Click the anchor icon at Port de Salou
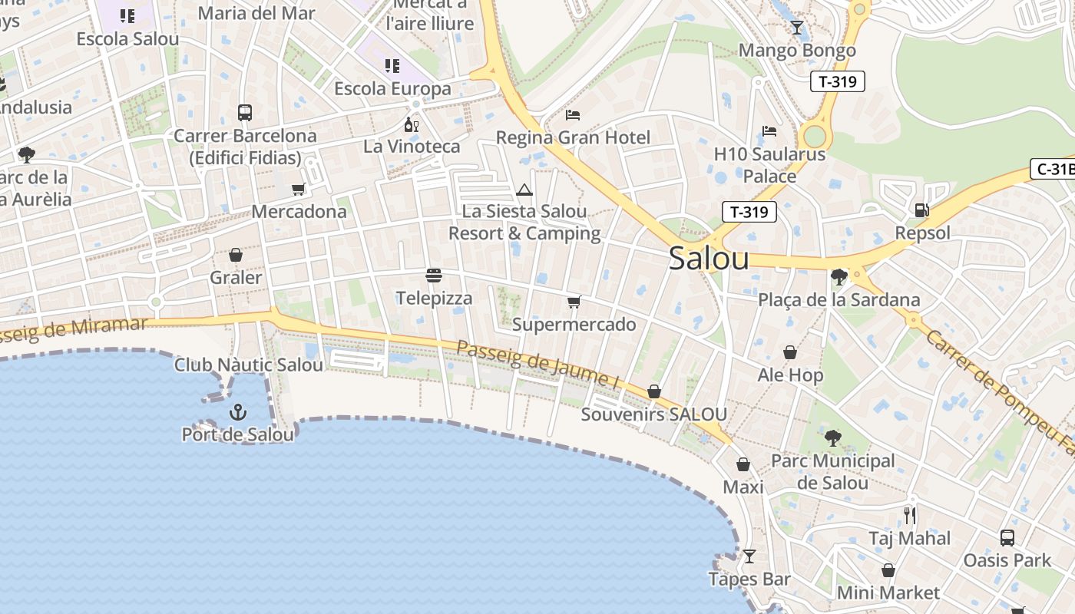click(238, 413)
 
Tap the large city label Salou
click(708, 259)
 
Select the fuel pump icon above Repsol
click(921, 210)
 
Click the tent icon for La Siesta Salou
click(524, 190)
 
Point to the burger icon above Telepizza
click(434, 276)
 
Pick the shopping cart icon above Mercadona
click(299, 189)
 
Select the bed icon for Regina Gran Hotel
click(573, 115)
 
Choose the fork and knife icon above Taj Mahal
click(910, 515)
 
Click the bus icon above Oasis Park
click(1007, 537)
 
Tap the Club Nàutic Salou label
click(249, 365)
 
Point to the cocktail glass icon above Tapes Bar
click(749, 556)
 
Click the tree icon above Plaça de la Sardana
click(838, 276)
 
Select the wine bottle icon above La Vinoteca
click(412, 124)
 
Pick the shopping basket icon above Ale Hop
click(790, 352)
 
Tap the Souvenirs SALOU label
click(653, 414)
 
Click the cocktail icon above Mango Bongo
click(797, 28)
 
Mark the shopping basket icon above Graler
click(236, 255)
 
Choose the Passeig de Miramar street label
click(73, 328)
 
